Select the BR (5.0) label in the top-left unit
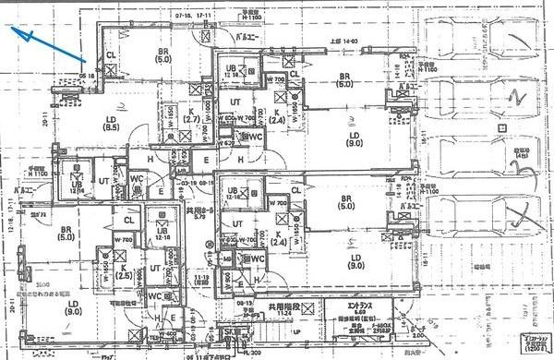[x=163, y=54]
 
